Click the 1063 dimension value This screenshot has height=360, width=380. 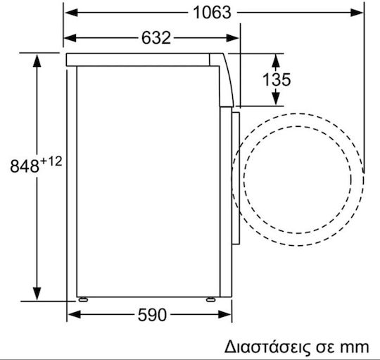point(212,13)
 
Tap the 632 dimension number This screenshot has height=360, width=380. point(156,38)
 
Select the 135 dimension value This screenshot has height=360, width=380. point(277,80)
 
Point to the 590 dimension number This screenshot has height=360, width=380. point(152,315)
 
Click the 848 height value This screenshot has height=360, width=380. point(25,166)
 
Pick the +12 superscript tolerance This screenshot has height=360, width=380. point(51,161)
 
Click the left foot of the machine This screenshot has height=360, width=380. point(83,299)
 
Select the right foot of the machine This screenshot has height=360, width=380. point(210,299)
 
